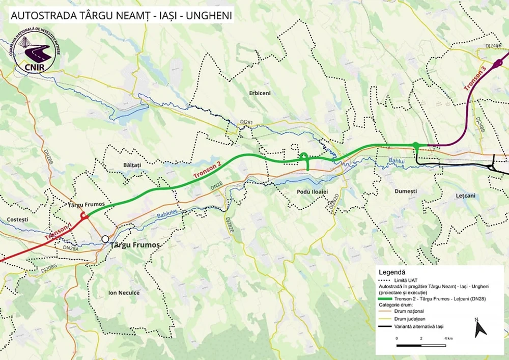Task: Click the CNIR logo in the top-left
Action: point(34,56)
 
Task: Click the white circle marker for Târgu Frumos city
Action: point(105,238)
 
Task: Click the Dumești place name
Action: point(406,191)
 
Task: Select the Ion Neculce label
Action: point(124,293)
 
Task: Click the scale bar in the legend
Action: point(421,346)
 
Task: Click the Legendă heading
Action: point(393,272)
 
